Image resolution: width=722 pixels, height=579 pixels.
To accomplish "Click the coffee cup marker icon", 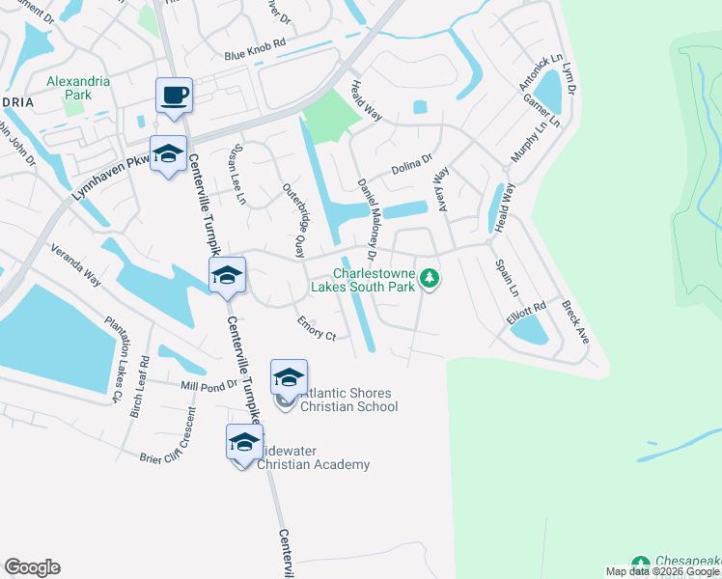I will pyautogui.click(x=174, y=96).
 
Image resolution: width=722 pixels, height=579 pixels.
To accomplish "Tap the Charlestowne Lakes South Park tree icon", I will pyautogui.click(x=430, y=280).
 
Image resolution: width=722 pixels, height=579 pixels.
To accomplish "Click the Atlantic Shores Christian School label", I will pyautogui.click(x=348, y=400).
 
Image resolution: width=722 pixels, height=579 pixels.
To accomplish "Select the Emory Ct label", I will pyautogui.click(x=317, y=328).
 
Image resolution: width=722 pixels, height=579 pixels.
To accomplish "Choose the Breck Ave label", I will pyautogui.click(x=575, y=321).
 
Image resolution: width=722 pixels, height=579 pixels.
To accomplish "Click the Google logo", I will pyautogui.click(x=32, y=567).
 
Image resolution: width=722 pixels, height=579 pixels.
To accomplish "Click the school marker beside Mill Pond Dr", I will pyautogui.click(x=289, y=377).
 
